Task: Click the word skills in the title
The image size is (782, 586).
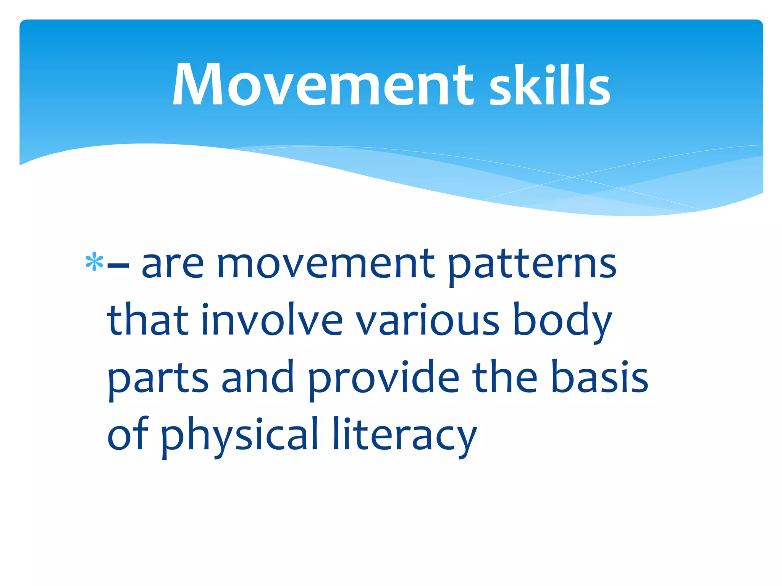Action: pos(550,85)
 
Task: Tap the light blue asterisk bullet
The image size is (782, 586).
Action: pos(94,262)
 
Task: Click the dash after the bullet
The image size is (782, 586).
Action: pos(118,264)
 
